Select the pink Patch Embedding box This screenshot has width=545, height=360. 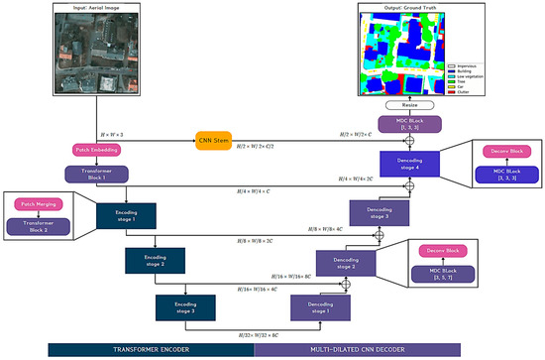coord(97,150)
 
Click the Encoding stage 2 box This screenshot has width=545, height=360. coord(155,260)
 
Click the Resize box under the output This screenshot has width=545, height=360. coord(407,104)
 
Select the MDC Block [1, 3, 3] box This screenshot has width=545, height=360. coord(407,127)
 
